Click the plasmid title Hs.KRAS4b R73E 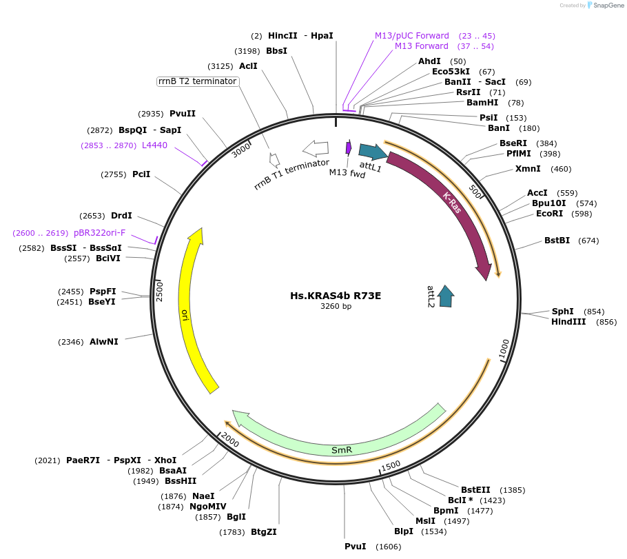pyautogui.click(x=336, y=296)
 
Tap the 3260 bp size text pyautogui.click(x=336, y=307)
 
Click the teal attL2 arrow pyautogui.click(x=446, y=295)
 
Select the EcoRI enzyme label pyautogui.click(x=549, y=214)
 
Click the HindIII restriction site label pyautogui.click(x=568, y=322)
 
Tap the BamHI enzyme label pyautogui.click(x=482, y=103)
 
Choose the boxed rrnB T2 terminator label pyautogui.click(x=198, y=81)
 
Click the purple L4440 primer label pyautogui.click(x=154, y=145)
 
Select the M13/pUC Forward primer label pyautogui.click(x=412, y=36)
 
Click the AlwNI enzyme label pyautogui.click(x=104, y=341)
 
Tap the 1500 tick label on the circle pyautogui.click(x=390, y=466)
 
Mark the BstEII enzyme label pyautogui.click(x=475, y=490)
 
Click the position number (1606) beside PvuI pyautogui.click(x=388, y=547)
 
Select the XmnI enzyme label pyautogui.click(x=528, y=169)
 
